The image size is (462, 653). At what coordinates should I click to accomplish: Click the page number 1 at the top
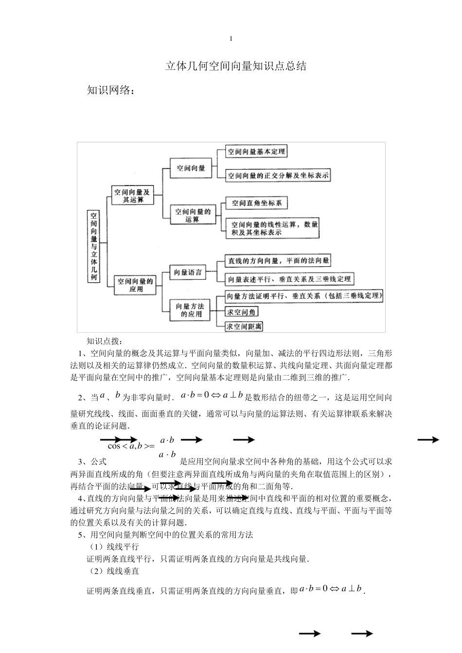point(231,39)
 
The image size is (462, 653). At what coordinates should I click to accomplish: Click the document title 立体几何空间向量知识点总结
point(236,67)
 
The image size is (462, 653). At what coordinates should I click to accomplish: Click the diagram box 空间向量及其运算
point(132,196)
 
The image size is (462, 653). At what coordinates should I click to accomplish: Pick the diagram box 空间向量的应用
point(136,285)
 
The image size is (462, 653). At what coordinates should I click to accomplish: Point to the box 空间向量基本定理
point(256,152)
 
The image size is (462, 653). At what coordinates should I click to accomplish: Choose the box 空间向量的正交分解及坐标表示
point(278,175)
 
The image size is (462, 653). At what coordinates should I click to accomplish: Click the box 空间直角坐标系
point(257,203)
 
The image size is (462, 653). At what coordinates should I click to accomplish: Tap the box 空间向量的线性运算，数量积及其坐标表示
point(273,228)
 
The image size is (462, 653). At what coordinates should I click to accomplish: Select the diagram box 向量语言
point(188,273)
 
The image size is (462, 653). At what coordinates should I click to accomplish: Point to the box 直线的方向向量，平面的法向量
point(278,261)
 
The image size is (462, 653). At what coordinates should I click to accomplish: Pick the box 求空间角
point(242,312)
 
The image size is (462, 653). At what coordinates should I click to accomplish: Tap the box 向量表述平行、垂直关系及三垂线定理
point(289,279)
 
